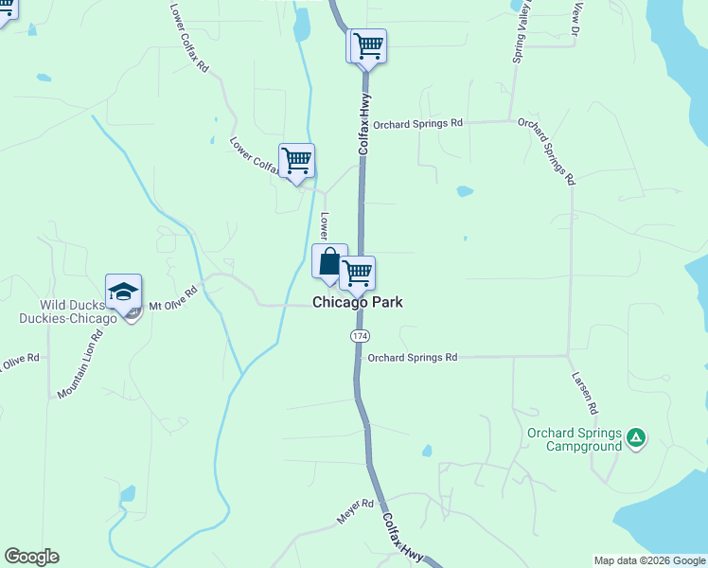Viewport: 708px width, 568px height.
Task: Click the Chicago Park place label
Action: [x=358, y=302]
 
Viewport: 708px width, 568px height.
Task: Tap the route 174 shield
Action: [x=360, y=337]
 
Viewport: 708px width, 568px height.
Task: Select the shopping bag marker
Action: [x=329, y=261]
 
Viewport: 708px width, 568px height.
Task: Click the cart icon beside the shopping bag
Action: [x=357, y=274]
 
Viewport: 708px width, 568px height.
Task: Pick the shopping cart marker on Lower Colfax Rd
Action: [x=296, y=161]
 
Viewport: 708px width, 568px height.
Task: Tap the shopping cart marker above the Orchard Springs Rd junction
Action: [x=367, y=45]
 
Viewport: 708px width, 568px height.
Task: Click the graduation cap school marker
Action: [x=123, y=292]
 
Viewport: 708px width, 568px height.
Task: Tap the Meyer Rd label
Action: [x=356, y=512]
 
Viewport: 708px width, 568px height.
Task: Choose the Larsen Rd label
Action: [x=585, y=391]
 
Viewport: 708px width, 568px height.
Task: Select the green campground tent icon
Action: [x=637, y=437]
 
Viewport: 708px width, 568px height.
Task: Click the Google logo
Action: [x=31, y=557]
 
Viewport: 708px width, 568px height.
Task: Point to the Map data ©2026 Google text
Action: [x=649, y=560]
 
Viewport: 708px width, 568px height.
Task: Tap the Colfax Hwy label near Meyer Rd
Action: [x=404, y=539]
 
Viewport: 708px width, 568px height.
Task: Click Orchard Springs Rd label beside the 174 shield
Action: [x=412, y=358]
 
